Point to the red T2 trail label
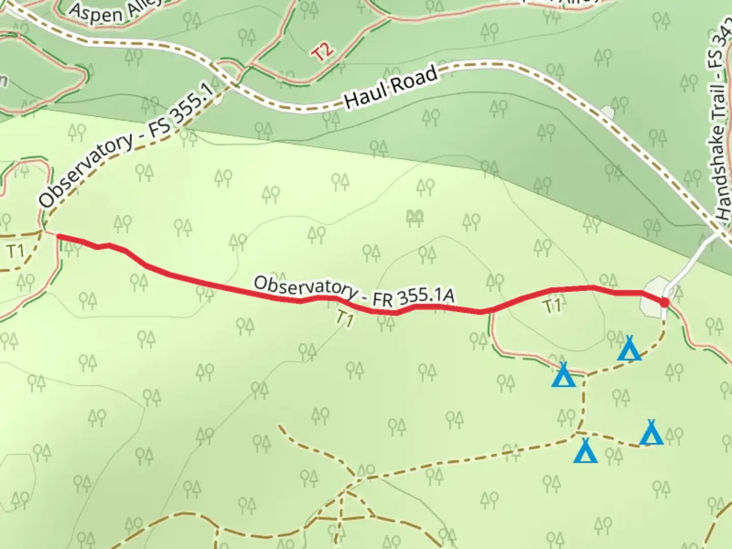click(x=323, y=51)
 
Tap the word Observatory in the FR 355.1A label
click(x=304, y=287)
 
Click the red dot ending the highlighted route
click(x=664, y=303)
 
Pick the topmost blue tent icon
click(x=629, y=349)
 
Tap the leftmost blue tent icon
click(x=563, y=375)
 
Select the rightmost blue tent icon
click(x=651, y=433)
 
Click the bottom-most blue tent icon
click(x=585, y=451)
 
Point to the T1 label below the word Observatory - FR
click(x=344, y=319)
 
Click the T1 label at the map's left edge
click(x=16, y=251)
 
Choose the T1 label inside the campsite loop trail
click(x=553, y=306)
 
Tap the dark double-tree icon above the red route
click(x=415, y=218)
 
